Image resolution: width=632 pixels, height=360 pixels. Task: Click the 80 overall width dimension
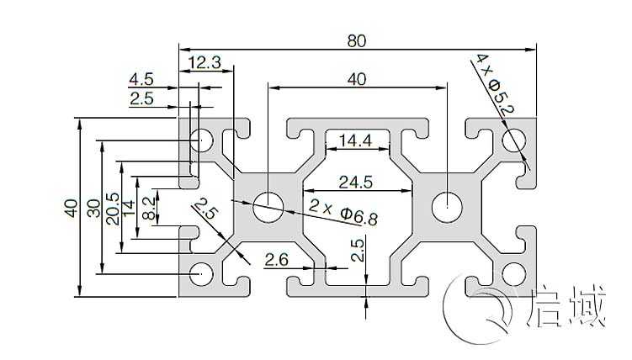(x=357, y=39)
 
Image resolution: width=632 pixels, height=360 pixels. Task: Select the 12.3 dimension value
(x=204, y=61)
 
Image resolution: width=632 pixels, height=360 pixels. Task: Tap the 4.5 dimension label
(x=141, y=80)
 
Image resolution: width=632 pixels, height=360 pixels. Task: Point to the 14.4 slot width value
(x=354, y=140)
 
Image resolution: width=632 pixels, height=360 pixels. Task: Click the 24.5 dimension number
(x=356, y=180)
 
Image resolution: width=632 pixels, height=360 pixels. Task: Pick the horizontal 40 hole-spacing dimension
(x=356, y=79)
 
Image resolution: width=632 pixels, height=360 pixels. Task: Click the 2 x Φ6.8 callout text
(x=343, y=212)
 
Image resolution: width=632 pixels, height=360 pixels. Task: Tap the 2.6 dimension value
(x=277, y=261)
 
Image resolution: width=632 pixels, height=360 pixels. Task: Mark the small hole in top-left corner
(x=201, y=140)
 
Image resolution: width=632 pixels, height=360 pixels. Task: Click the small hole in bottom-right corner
(x=513, y=272)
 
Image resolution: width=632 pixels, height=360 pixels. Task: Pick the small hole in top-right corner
(x=513, y=140)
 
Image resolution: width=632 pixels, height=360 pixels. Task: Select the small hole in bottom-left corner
(x=201, y=272)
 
